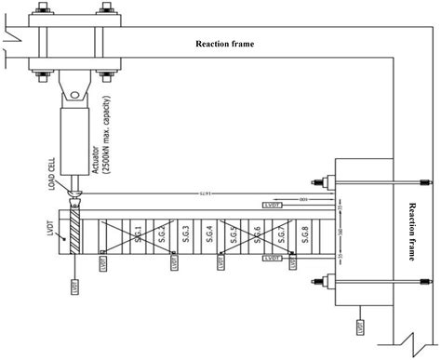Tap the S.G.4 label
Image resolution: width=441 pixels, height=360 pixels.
(x=208, y=231)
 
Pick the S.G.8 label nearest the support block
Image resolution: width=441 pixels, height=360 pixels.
(x=304, y=231)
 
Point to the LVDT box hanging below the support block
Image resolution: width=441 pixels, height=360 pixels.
(x=359, y=327)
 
